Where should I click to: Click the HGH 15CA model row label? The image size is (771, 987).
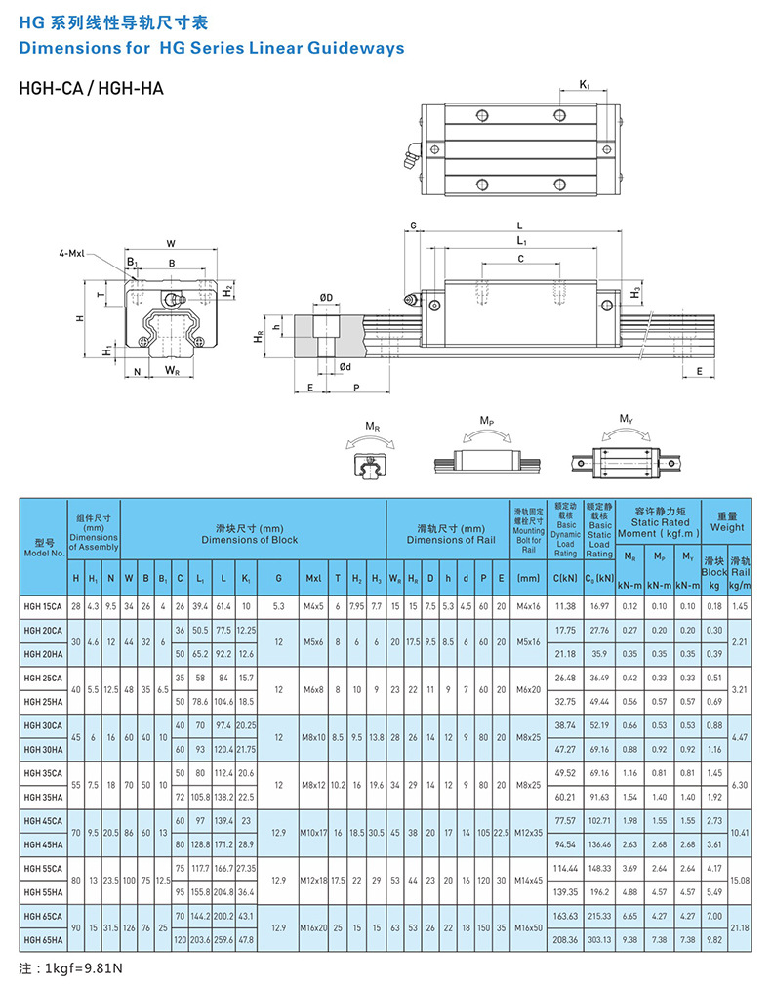[x=43, y=606]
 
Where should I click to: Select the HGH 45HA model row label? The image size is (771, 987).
[x=43, y=844]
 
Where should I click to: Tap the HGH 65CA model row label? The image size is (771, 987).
[x=43, y=915]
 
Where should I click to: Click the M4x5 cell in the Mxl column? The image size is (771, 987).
[x=313, y=606]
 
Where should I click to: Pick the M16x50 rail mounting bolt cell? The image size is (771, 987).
[x=529, y=926]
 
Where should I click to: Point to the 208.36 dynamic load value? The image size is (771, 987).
[x=565, y=938]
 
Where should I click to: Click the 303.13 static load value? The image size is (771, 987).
[x=600, y=938]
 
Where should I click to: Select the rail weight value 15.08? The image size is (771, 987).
[x=739, y=880]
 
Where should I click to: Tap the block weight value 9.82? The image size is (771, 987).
[x=713, y=938]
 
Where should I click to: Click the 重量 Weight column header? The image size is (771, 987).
[x=726, y=521]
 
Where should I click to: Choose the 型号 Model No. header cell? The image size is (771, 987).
[x=43, y=546]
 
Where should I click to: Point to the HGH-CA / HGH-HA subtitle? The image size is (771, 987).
[x=91, y=89]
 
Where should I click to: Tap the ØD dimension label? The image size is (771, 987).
[x=325, y=297]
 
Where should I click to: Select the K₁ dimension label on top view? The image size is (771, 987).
[x=584, y=85]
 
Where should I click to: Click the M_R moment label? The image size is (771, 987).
[x=372, y=427]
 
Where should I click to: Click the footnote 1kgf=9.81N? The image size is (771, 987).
[x=71, y=968]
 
